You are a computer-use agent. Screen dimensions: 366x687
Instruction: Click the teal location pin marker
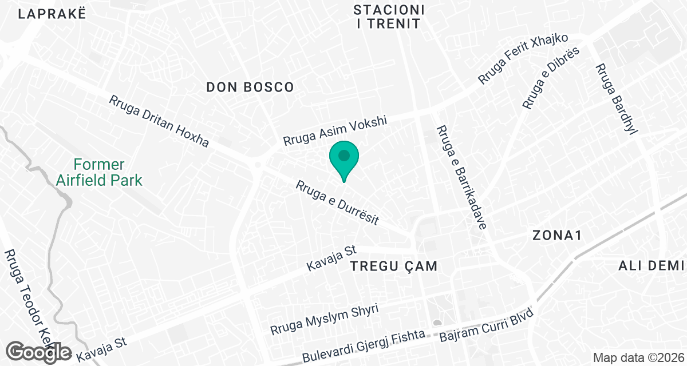pos(344,158)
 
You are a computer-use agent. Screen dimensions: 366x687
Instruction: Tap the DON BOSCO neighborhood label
pos(250,87)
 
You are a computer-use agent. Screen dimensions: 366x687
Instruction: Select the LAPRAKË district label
pos(52,14)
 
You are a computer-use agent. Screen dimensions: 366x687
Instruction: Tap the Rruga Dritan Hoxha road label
pos(159,121)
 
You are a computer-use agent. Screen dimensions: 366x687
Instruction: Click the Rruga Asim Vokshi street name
pos(335,132)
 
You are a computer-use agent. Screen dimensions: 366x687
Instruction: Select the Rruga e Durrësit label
pos(338,203)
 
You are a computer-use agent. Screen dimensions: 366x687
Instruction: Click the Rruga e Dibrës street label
pos(551,78)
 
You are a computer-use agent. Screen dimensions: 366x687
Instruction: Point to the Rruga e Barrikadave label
pos(461,177)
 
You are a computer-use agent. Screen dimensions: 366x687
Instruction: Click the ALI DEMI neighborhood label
pos(652,266)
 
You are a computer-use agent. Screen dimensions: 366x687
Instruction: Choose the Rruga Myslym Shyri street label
pos(325,320)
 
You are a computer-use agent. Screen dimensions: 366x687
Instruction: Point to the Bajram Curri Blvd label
pos(486,326)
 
